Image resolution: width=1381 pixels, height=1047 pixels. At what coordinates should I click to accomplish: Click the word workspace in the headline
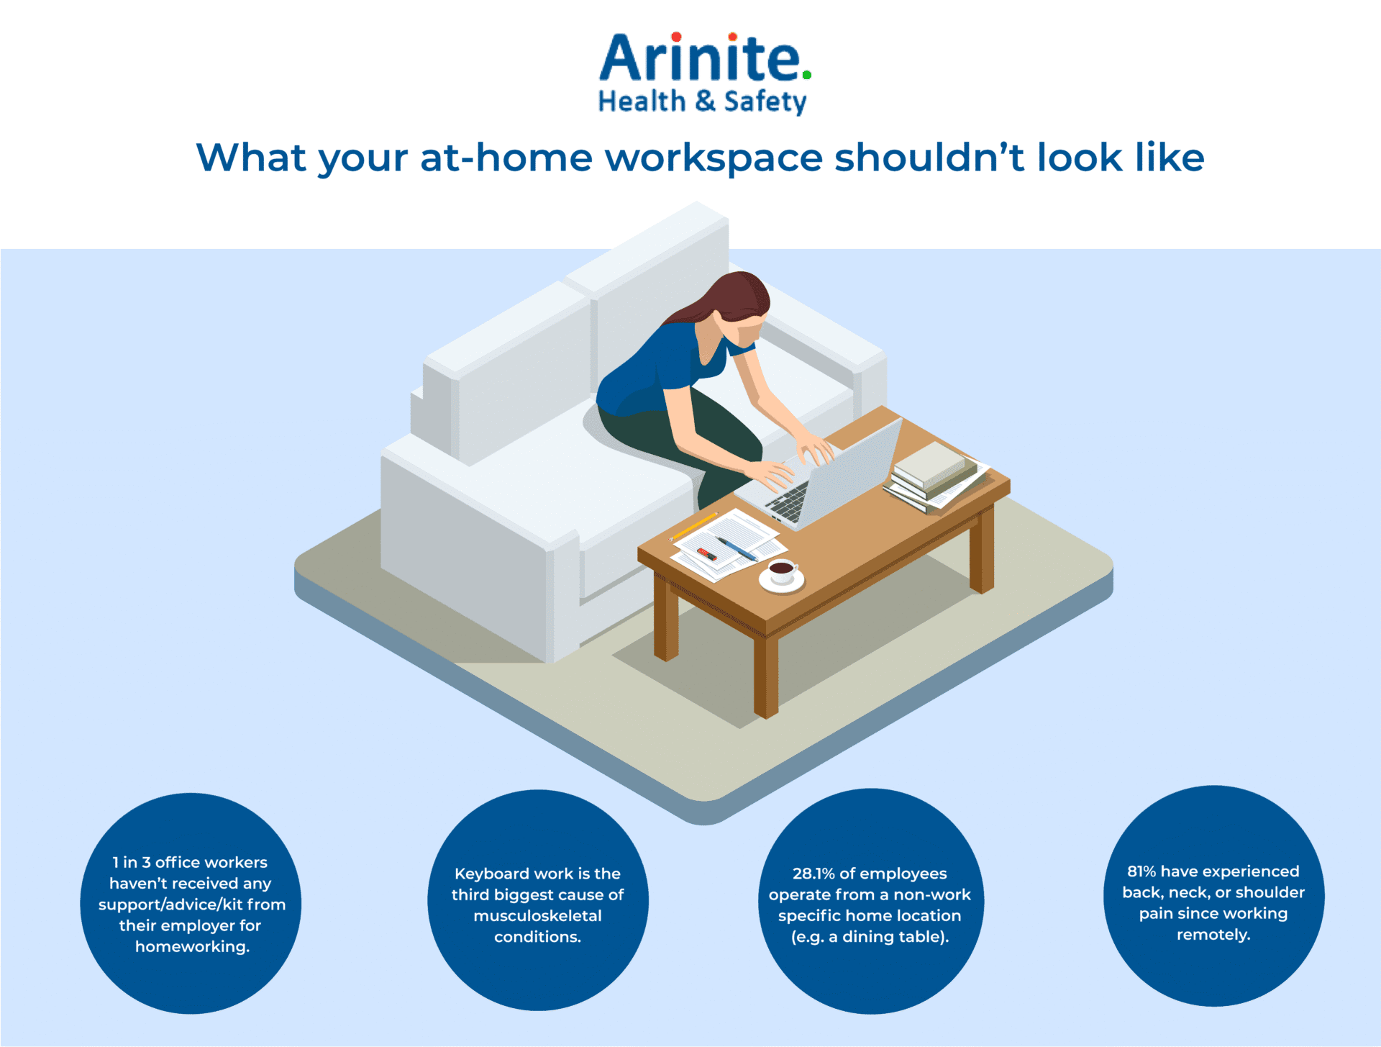pos(714,158)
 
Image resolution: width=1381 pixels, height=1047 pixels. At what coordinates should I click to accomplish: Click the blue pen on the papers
pos(737,549)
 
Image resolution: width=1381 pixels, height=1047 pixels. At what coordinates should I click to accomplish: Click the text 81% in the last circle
pos(1141,871)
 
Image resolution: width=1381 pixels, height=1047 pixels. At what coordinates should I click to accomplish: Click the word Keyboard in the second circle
pos(492,874)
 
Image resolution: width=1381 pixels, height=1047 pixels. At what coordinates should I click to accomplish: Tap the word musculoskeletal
pos(537,916)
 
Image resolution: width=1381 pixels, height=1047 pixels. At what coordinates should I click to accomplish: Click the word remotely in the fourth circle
pos(1212,935)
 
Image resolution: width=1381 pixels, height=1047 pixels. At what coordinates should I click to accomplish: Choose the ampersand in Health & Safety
pos(706,101)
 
